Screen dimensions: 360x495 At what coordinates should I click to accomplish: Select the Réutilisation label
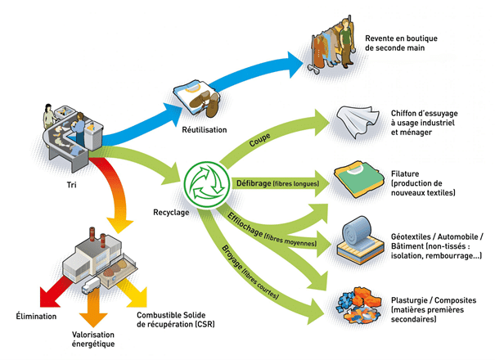click(204, 129)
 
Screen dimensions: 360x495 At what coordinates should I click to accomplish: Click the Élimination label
click(37, 316)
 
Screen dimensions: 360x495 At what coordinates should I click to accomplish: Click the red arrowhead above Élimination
click(32, 296)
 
